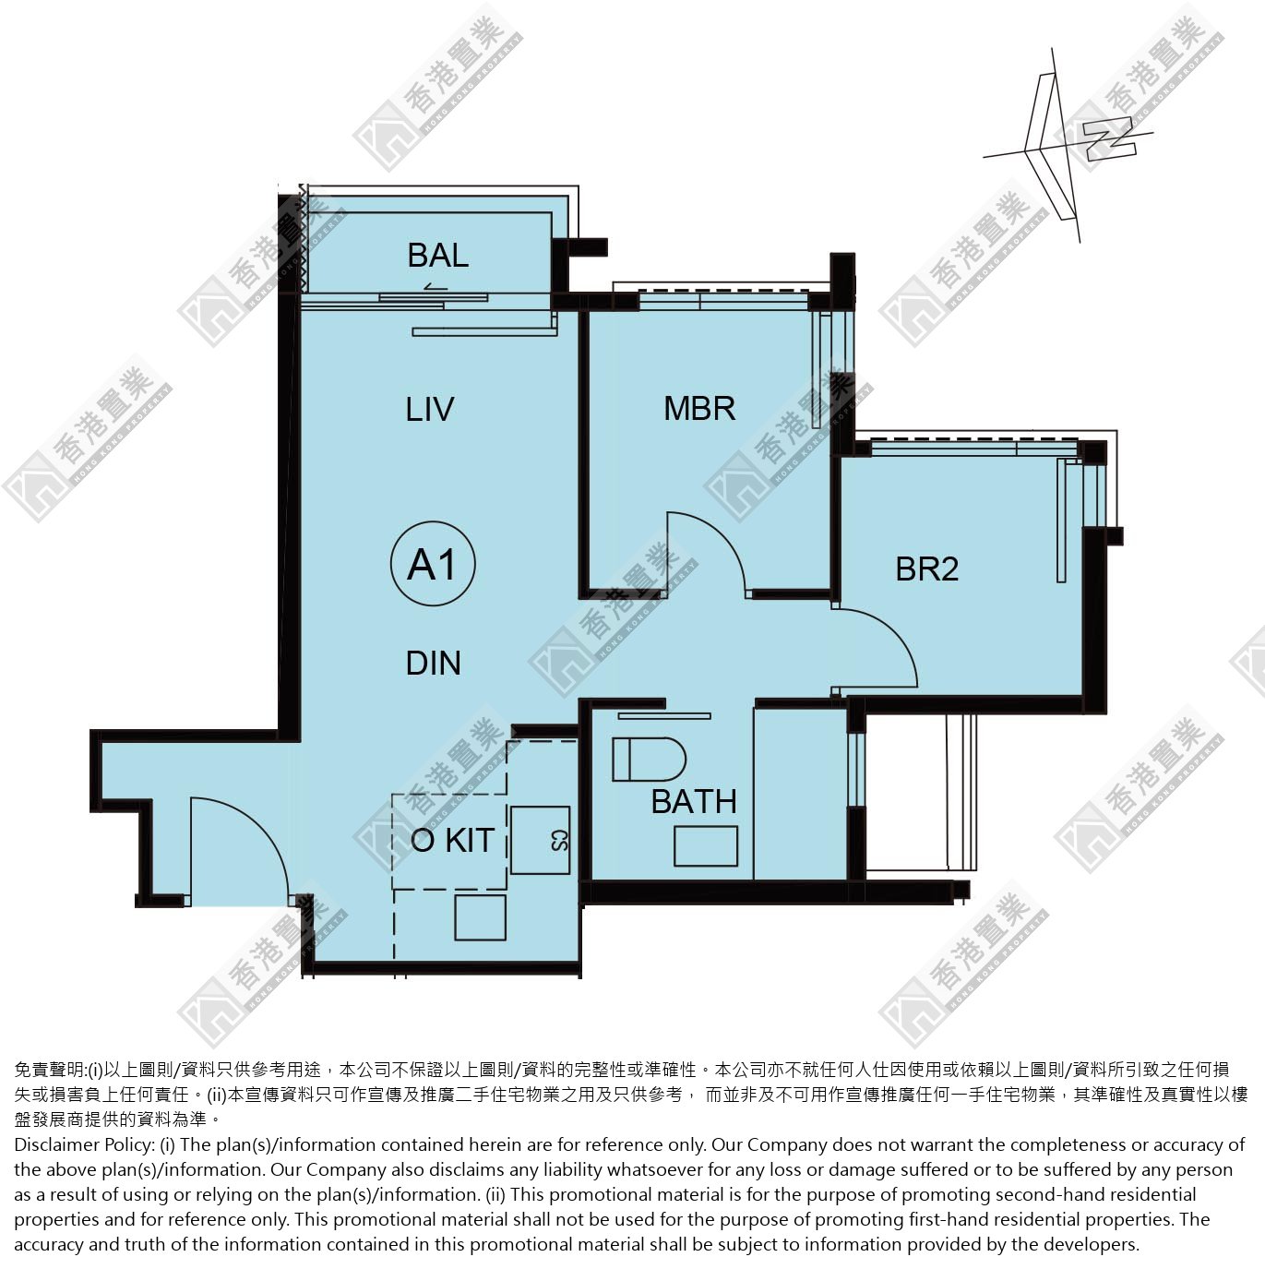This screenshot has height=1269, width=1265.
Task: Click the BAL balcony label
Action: pyautogui.click(x=438, y=256)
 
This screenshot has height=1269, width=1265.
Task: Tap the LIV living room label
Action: pyautogui.click(x=429, y=410)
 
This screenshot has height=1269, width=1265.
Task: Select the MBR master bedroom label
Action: pyautogui.click(x=699, y=408)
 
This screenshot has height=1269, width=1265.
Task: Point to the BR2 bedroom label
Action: pyautogui.click(x=926, y=569)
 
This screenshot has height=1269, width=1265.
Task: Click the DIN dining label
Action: pyautogui.click(x=434, y=664)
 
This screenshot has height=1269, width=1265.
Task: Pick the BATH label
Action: pyautogui.click(x=694, y=801)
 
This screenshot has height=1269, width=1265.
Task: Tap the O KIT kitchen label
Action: pyautogui.click(x=452, y=840)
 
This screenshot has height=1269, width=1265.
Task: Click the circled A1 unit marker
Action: pyautogui.click(x=433, y=564)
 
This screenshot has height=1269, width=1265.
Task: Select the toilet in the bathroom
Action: pyautogui.click(x=650, y=760)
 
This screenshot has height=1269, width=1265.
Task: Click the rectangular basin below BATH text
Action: pyautogui.click(x=705, y=846)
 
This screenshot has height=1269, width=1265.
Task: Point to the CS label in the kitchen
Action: pyautogui.click(x=558, y=840)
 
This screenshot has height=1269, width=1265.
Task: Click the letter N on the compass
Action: pyautogui.click(x=1110, y=139)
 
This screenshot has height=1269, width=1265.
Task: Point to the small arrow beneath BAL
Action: pyautogui.click(x=436, y=286)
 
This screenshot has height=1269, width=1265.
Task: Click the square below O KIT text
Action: pyautogui.click(x=480, y=916)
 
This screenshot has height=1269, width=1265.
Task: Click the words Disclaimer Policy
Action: pyautogui.click(x=84, y=1144)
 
